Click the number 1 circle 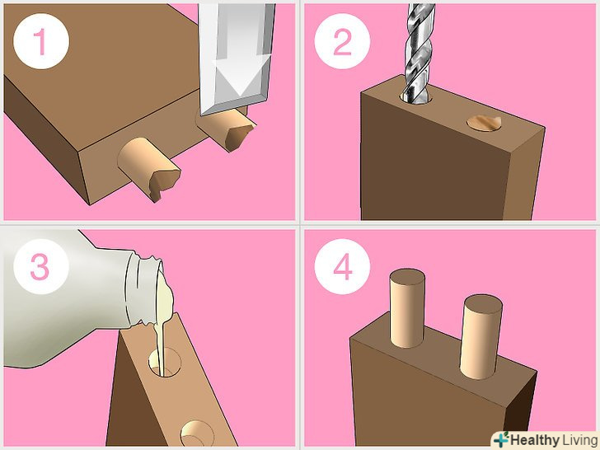(41, 41)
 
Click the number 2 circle (342, 41)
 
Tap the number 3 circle (41, 266)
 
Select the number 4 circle (342, 266)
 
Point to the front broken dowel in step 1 (149, 168)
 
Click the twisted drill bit (419, 52)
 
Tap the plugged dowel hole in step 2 (484, 124)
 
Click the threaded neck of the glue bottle (145, 288)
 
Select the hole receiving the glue (165, 363)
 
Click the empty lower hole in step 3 (197, 434)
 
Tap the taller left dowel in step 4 (407, 308)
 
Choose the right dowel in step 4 (481, 337)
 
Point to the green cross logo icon (500, 439)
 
